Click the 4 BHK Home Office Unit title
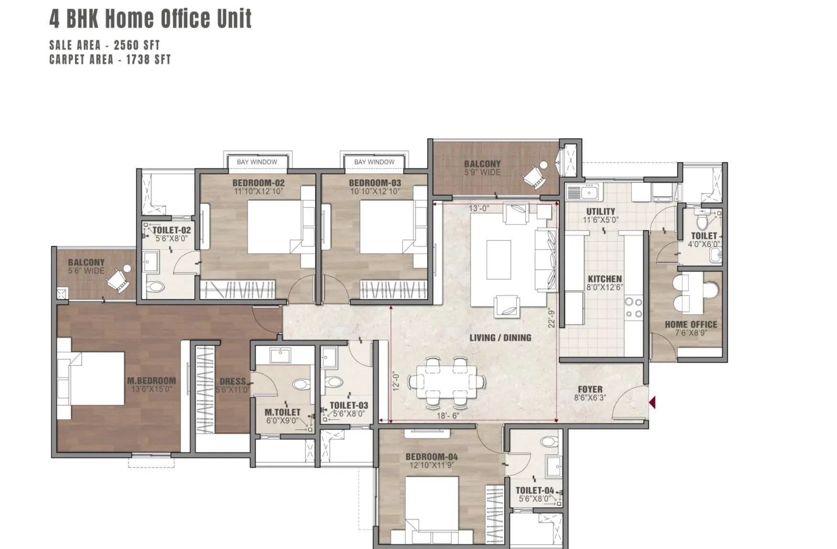tap(150, 19)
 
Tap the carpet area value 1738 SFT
tap(148, 59)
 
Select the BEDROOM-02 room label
tap(259, 183)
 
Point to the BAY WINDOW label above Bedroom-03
tap(374, 162)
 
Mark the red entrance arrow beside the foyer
tap(652, 402)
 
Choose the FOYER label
tap(590, 389)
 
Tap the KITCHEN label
tap(605, 279)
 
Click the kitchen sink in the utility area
tap(582, 192)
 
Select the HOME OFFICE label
tap(691, 324)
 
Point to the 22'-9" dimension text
tap(552, 318)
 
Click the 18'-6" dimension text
tap(448, 416)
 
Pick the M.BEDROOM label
tap(151, 380)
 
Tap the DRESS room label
tap(233, 381)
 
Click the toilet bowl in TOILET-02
tap(155, 287)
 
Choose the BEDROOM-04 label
tap(431, 457)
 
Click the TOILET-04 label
tap(535, 490)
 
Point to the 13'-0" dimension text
tap(479, 208)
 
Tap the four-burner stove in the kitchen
tap(634, 308)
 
